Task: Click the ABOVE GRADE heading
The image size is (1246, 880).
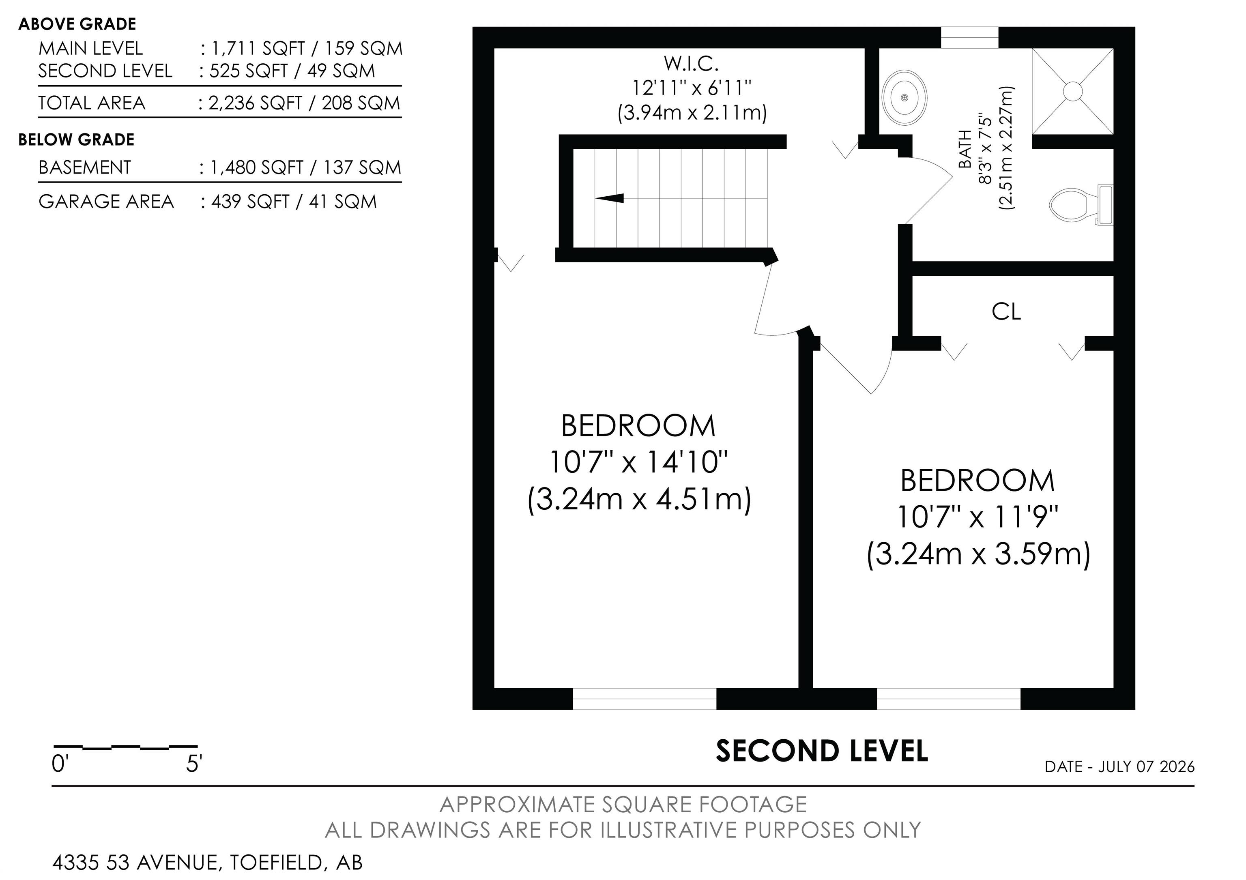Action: click(x=77, y=24)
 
